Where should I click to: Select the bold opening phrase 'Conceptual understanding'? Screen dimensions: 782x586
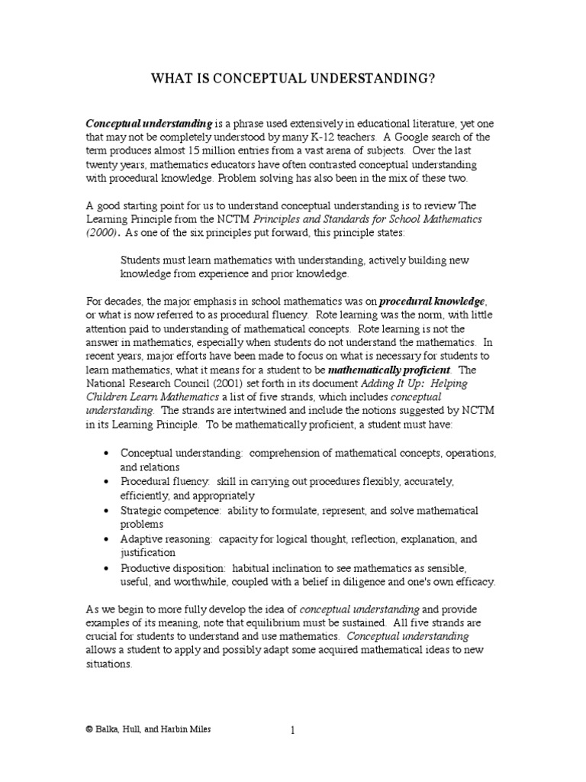click(x=149, y=123)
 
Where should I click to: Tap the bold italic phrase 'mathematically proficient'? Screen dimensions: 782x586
click(x=389, y=370)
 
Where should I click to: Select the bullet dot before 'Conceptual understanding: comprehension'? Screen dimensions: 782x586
click(x=105, y=454)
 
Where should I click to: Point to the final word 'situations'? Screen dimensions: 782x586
click(x=109, y=664)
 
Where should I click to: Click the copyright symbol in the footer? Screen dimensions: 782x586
click(x=89, y=730)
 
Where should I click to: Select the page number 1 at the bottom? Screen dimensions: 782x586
click(x=292, y=731)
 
